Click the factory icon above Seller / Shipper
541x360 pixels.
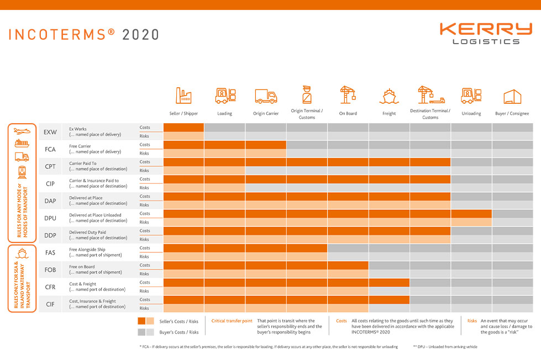click(x=183, y=96)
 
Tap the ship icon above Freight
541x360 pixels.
click(x=389, y=96)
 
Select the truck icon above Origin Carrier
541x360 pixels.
click(x=266, y=96)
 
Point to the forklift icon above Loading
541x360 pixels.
click(x=225, y=96)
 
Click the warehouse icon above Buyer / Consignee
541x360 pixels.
click(x=512, y=97)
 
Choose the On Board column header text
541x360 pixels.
click(x=348, y=114)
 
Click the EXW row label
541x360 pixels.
click(x=50, y=132)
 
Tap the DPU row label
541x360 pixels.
click(x=50, y=218)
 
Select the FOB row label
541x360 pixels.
click(x=50, y=270)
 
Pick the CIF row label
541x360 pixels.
click(x=50, y=304)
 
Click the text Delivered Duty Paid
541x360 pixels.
click(x=87, y=232)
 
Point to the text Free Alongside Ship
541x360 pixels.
click(x=87, y=250)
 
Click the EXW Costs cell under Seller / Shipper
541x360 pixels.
click(x=183, y=128)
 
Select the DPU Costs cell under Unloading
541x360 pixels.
click(x=471, y=214)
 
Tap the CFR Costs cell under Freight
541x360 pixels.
click(x=389, y=283)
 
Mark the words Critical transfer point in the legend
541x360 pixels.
click(x=232, y=321)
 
